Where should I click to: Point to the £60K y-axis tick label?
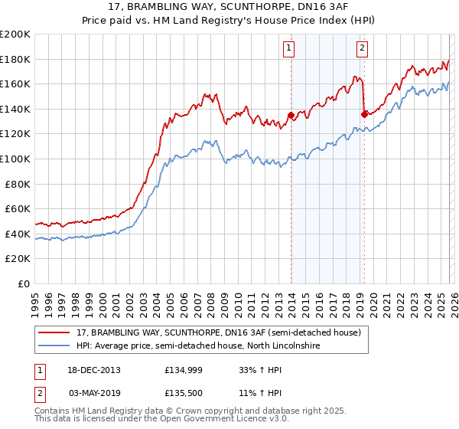[x=18, y=208]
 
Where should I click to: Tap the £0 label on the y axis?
[x=24, y=283]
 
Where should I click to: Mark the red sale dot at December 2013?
[x=291, y=116]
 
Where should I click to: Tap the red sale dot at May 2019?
[x=364, y=115]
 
